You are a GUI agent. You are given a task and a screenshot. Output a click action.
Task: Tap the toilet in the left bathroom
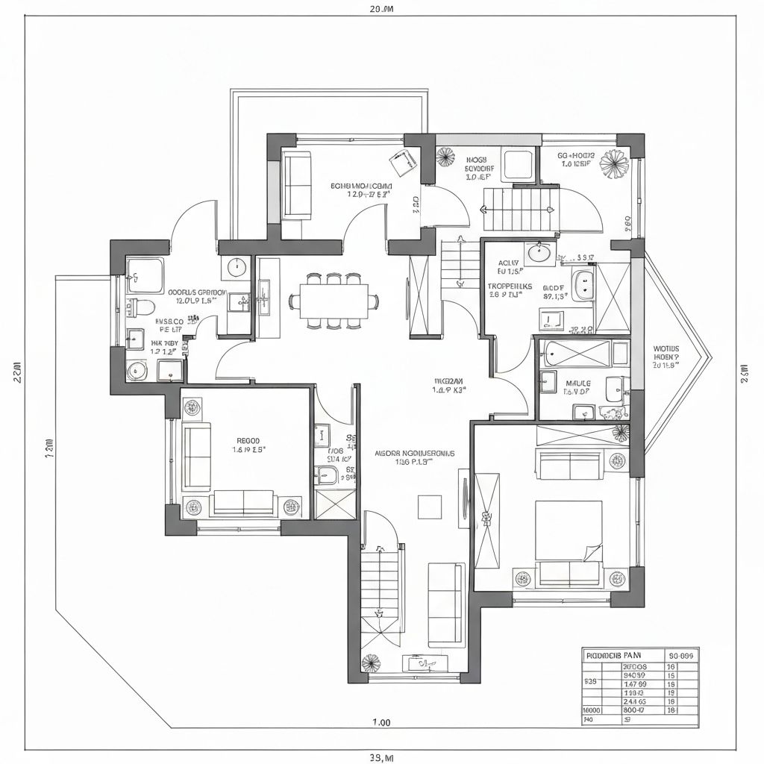pos(143,307)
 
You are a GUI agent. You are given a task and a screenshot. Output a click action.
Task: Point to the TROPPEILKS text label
pos(510,285)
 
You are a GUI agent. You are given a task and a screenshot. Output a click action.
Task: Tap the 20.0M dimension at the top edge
pos(381,10)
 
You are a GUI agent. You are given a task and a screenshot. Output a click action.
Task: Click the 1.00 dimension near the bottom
pos(381,722)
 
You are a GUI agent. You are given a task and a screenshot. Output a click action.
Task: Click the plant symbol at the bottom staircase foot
pos(370,663)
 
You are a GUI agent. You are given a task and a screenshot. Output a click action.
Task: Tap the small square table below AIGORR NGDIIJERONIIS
pos(430,507)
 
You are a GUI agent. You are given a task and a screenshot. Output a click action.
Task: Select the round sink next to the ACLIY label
pos(539,254)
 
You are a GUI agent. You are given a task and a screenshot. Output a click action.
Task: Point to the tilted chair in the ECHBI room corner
pos(404,161)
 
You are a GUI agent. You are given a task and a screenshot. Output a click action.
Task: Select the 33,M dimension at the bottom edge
pos(381,758)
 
